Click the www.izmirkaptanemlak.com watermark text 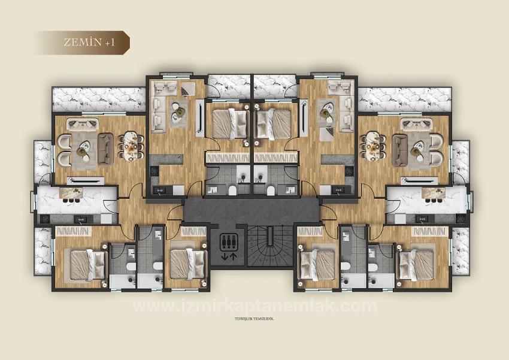(255, 307)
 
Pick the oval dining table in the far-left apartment (131, 146)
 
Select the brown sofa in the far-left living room (105, 149)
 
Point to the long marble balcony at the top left (99, 99)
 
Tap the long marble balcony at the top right (405, 99)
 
